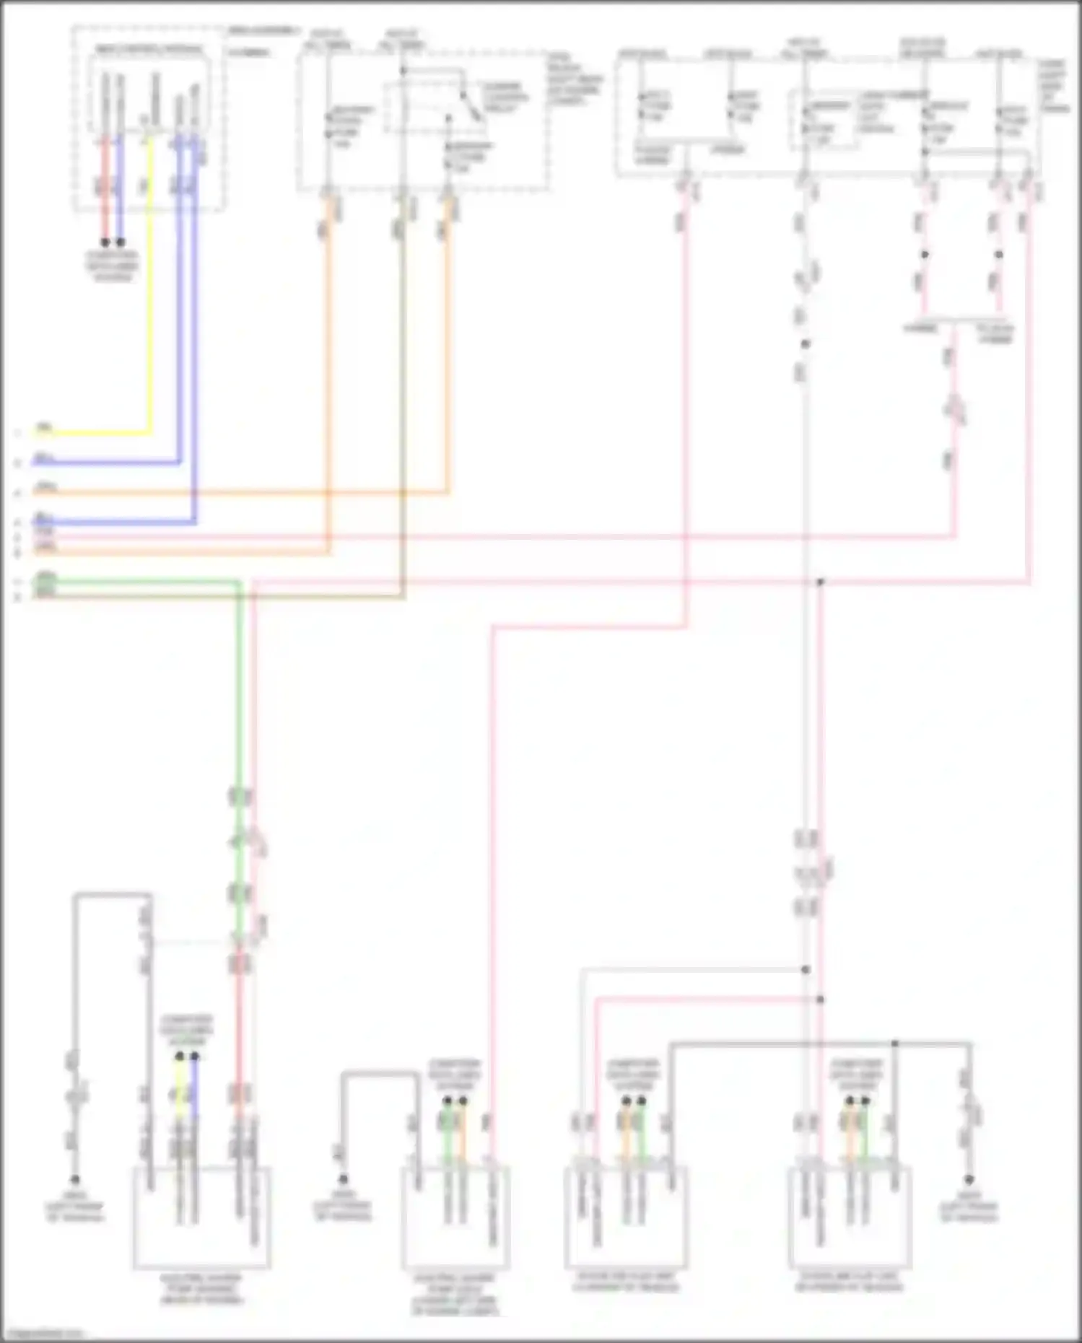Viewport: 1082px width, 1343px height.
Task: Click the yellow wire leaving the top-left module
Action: point(150,289)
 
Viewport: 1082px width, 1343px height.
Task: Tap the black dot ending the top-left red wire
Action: point(105,242)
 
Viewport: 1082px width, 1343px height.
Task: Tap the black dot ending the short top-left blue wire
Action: point(121,242)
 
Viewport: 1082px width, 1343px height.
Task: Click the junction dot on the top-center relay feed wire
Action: point(403,71)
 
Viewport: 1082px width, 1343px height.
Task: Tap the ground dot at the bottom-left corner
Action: point(74,1180)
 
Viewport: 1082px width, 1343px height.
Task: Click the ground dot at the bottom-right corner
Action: point(969,1179)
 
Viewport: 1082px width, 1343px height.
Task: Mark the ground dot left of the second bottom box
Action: point(344,1179)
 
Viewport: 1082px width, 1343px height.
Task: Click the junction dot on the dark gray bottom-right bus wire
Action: point(894,1044)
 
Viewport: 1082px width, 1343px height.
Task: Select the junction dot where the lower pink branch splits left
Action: point(820,999)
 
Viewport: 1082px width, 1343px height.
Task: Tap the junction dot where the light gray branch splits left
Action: point(806,970)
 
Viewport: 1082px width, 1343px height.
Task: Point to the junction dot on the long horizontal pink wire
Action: point(820,582)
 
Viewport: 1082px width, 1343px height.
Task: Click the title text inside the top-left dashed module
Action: point(150,50)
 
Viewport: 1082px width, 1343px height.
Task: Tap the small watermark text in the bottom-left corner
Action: point(42,1334)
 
